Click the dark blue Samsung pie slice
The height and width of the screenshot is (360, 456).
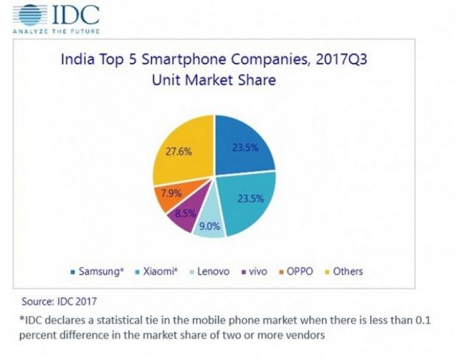[x=243, y=143]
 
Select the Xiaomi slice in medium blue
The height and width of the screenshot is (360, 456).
[x=246, y=202]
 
